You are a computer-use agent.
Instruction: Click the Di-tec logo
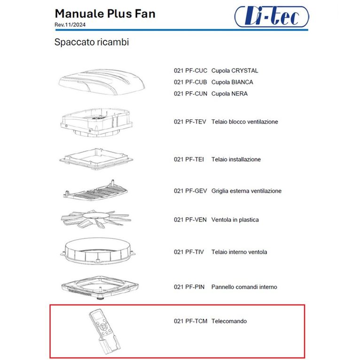click(x=272, y=16)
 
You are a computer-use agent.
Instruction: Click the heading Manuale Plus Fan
click(x=105, y=14)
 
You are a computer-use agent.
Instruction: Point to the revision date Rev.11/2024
click(x=70, y=25)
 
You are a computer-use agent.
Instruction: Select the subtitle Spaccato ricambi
click(x=92, y=42)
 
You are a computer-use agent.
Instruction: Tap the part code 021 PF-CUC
click(x=190, y=70)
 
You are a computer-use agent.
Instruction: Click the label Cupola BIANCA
click(x=232, y=82)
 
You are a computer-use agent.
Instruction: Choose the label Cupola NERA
click(x=229, y=94)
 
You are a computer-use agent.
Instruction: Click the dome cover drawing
click(x=102, y=82)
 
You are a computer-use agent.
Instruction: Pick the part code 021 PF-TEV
click(x=190, y=122)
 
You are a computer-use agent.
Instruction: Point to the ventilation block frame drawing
click(x=97, y=123)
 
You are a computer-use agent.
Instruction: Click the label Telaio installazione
click(x=236, y=159)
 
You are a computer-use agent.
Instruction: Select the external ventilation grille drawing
click(x=95, y=190)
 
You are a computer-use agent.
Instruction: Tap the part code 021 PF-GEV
click(x=190, y=191)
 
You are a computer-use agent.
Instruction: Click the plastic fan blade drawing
click(x=96, y=219)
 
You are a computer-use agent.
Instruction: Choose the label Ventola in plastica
click(x=235, y=220)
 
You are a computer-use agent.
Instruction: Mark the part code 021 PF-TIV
click(x=189, y=252)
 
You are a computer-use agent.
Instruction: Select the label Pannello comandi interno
click(x=244, y=287)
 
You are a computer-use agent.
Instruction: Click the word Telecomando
click(x=229, y=321)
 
